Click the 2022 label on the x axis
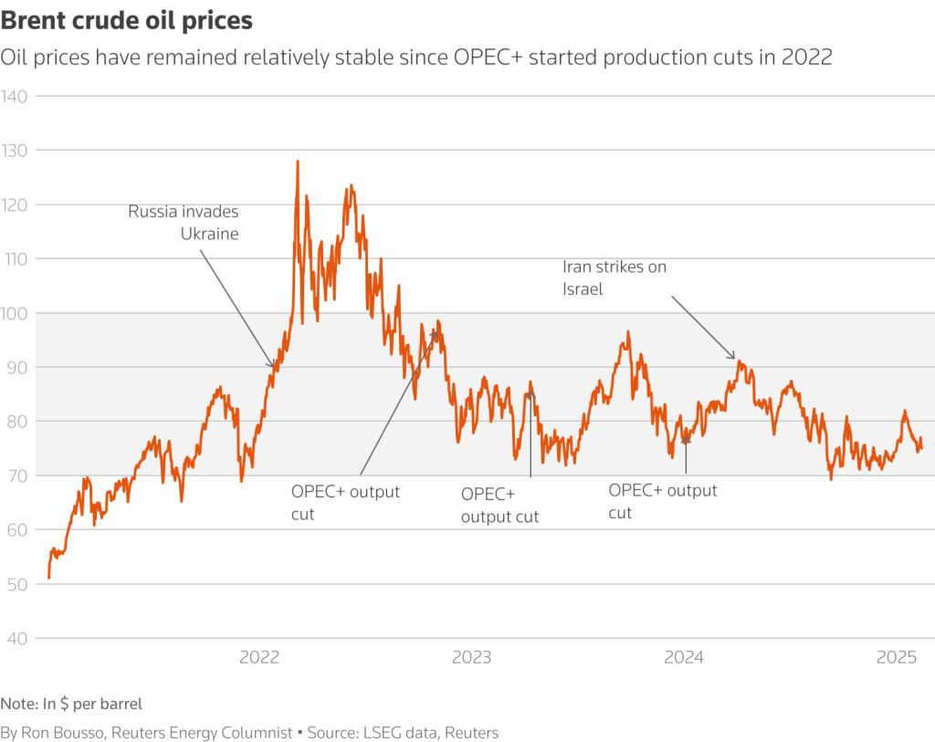259,657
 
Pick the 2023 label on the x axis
471,657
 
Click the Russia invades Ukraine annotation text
184,223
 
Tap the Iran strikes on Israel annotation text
615,277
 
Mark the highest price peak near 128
298,162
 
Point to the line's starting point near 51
48,578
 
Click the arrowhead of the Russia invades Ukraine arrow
273,367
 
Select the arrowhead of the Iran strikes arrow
734,358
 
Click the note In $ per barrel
71,704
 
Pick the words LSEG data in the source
397,732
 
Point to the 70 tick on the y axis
19,476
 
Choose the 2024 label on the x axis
683,657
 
